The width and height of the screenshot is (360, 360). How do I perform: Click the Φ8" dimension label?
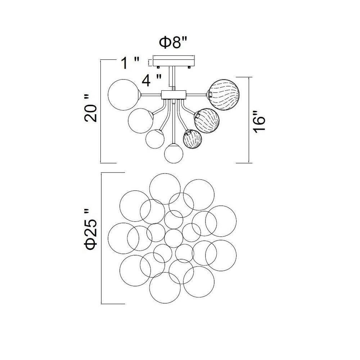click(174, 42)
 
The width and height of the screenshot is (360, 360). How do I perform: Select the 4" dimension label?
click(152, 80)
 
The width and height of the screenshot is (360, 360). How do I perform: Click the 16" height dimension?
click(259, 122)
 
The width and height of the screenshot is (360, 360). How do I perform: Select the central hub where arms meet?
click(174, 94)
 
